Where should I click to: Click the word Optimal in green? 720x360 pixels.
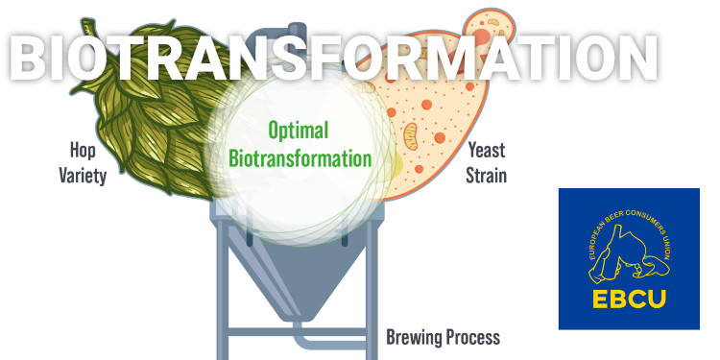click(x=298, y=131)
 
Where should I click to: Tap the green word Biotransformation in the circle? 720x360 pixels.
click(x=300, y=158)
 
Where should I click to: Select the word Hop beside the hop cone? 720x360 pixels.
click(x=83, y=150)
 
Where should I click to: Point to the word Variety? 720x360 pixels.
click(x=83, y=176)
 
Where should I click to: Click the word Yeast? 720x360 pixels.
click(x=486, y=150)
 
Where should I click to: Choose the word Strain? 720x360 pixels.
click(x=487, y=175)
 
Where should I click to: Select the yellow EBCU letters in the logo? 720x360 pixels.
click(x=629, y=298)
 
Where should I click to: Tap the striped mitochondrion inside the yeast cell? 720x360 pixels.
click(x=410, y=136)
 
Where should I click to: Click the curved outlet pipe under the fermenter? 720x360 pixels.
click(x=317, y=341)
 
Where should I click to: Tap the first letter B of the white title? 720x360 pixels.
click(x=29, y=58)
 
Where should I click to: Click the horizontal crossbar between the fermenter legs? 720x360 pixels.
click(x=297, y=332)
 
